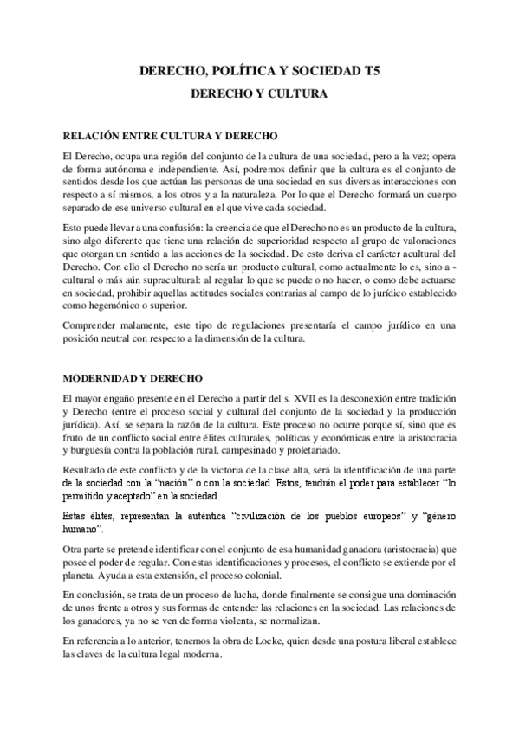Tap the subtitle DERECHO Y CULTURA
(x=259, y=92)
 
